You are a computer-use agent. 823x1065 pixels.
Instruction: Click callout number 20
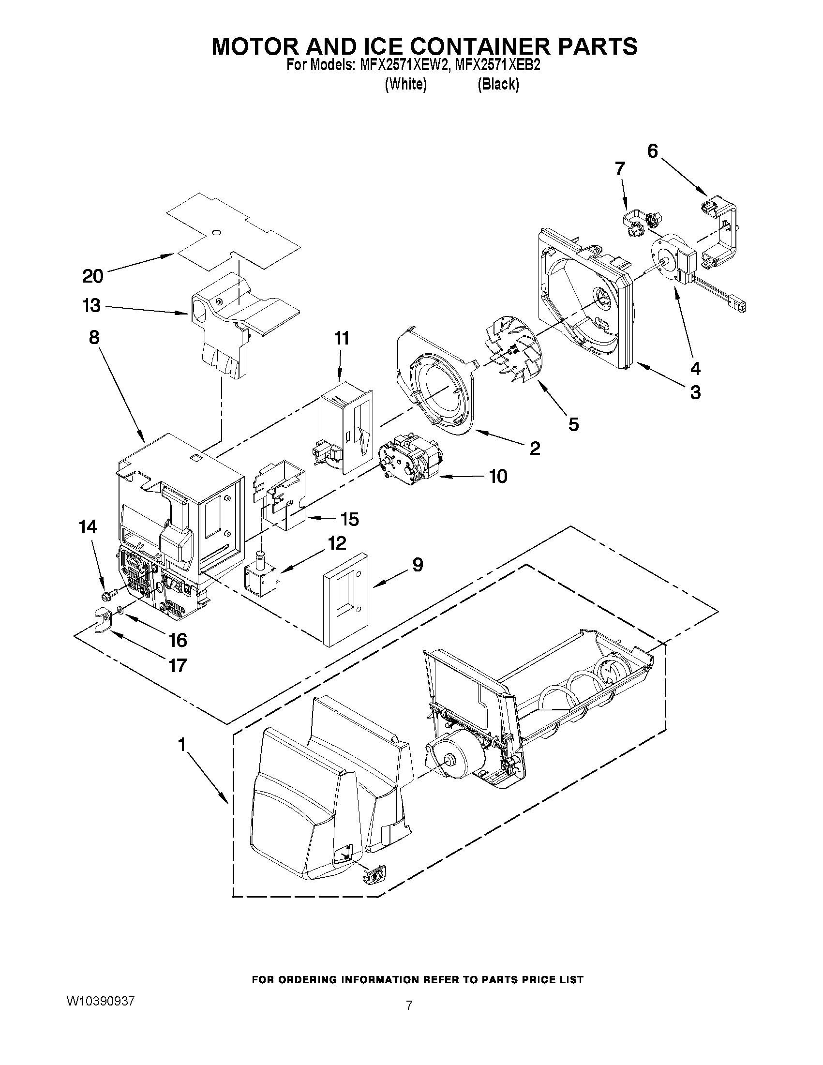click(92, 276)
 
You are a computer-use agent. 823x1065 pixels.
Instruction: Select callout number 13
click(91, 306)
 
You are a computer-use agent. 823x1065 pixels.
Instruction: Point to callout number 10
click(498, 476)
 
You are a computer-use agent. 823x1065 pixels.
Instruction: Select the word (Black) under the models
click(498, 84)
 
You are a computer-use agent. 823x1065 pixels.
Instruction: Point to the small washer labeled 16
click(120, 610)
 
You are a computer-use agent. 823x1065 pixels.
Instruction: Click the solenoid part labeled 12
click(262, 572)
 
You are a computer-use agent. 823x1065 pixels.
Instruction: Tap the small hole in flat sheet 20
click(217, 232)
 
